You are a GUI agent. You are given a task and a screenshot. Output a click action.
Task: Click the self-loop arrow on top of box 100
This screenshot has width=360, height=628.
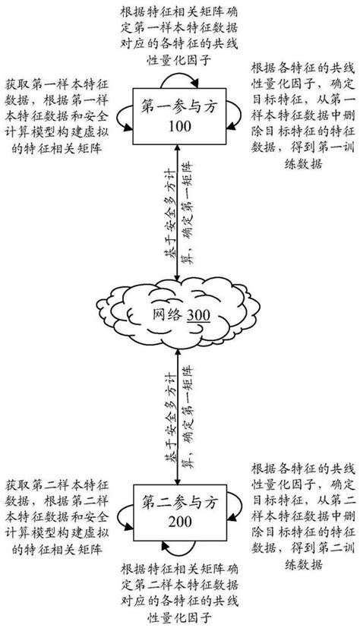click(179, 93)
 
